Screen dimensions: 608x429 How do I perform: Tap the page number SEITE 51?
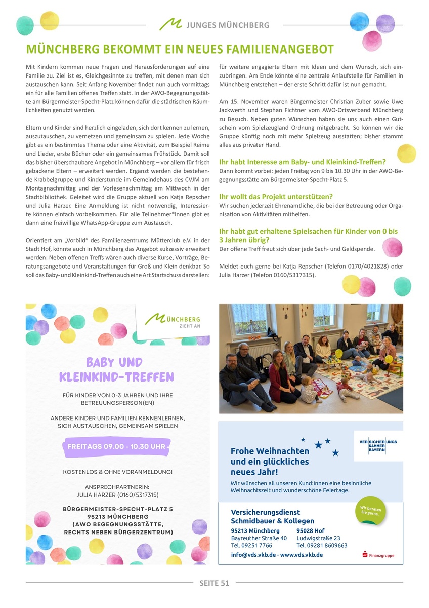(x=214, y=583)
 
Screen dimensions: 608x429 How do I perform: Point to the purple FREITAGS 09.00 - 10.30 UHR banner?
(x=116, y=447)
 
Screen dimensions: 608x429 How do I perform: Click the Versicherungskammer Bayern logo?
(x=377, y=446)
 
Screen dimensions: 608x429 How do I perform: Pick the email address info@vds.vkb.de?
(x=253, y=555)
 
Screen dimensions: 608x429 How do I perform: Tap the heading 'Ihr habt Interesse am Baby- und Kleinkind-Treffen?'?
(x=302, y=162)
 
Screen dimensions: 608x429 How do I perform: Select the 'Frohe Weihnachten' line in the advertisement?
(x=269, y=451)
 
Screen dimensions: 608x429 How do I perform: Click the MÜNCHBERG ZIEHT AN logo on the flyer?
(x=174, y=320)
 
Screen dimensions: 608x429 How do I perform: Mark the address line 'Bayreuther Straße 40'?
(x=259, y=538)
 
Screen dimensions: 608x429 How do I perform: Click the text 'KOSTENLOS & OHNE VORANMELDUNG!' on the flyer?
(x=118, y=472)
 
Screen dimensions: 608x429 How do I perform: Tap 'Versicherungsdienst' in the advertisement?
(x=265, y=512)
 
